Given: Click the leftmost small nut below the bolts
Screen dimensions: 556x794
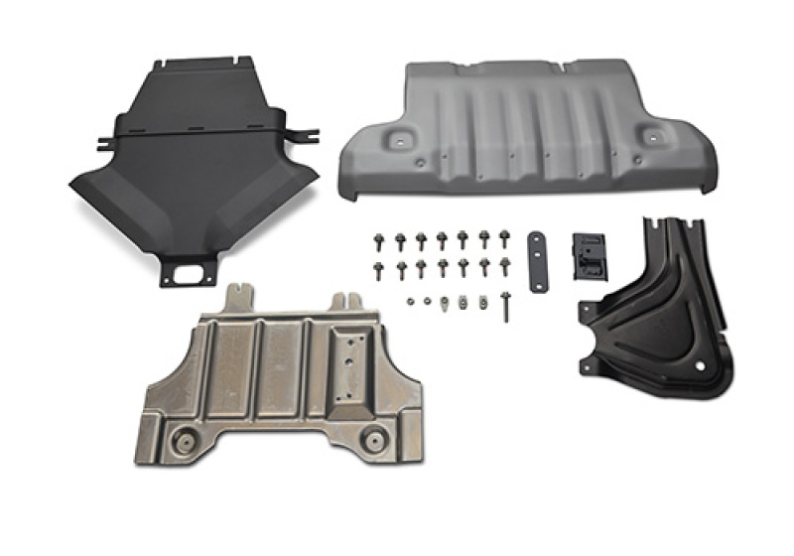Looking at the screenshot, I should [408, 299].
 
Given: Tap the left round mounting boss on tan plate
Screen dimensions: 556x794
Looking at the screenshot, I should [186, 440].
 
